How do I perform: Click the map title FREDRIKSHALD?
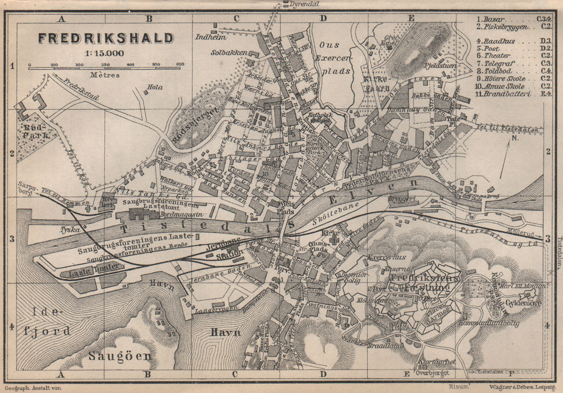pos(106,38)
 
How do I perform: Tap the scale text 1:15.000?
pos(105,54)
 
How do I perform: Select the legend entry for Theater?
pos(495,56)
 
